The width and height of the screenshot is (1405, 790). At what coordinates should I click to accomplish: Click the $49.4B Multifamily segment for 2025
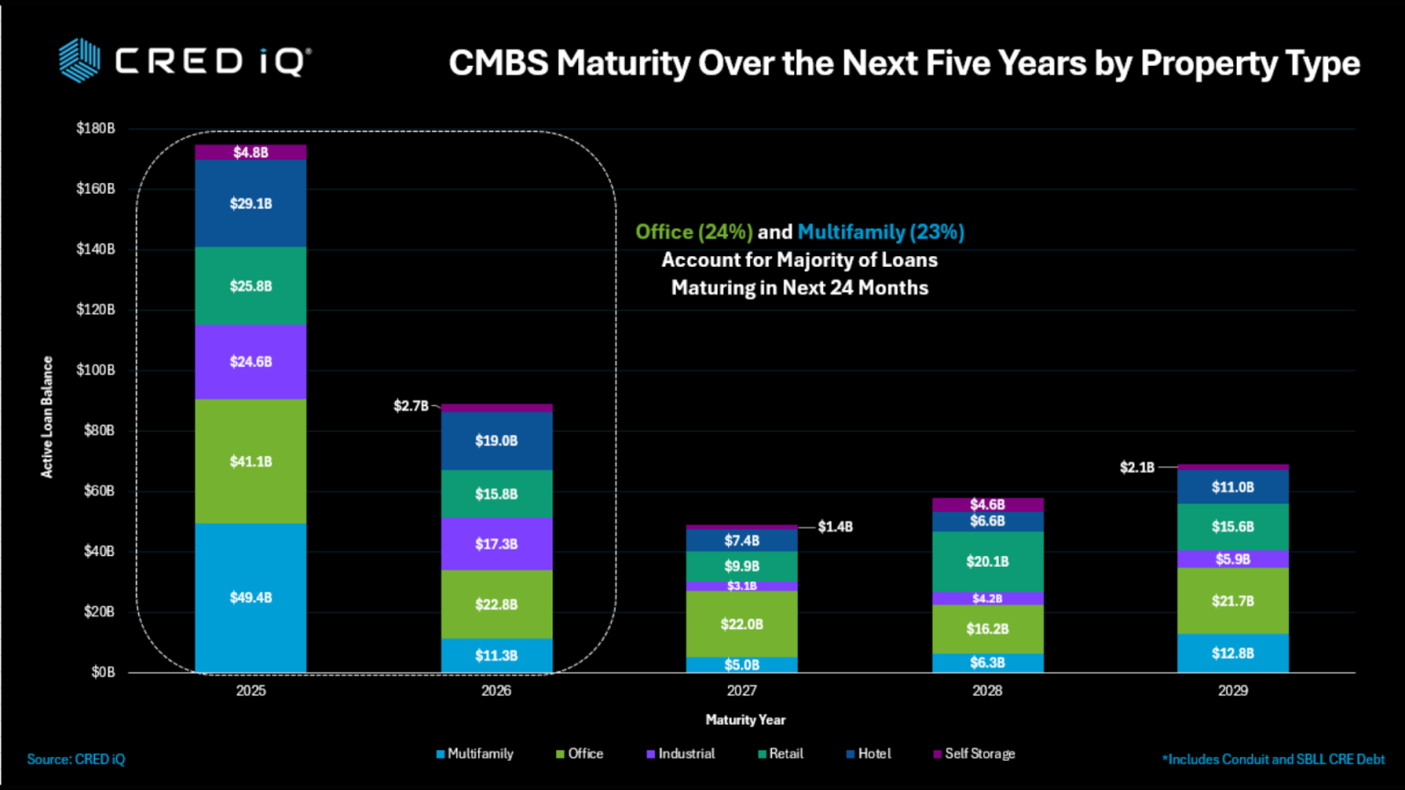click(251, 597)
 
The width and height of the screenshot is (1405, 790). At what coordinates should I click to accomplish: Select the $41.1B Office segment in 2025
click(251, 461)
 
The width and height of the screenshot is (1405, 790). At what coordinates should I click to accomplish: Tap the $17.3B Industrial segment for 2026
click(496, 543)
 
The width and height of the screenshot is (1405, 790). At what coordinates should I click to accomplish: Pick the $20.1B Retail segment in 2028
click(987, 561)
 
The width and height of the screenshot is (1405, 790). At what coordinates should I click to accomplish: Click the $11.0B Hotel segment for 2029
click(1232, 486)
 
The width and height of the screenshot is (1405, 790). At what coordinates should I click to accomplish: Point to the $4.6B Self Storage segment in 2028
click(987, 505)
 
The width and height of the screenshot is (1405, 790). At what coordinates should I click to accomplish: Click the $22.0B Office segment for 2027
click(742, 624)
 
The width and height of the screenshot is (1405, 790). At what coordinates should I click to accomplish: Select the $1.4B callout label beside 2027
click(835, 527)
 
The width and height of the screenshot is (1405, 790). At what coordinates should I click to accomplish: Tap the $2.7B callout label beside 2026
click(411, 405)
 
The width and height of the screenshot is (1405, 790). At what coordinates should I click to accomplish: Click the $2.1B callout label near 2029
click(1137, 467)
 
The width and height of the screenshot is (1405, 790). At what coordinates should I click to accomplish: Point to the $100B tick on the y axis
click(95, 369)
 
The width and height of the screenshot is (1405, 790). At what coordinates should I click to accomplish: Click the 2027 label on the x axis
click(742, 690)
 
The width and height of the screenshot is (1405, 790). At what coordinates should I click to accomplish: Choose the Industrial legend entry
click(681, 753)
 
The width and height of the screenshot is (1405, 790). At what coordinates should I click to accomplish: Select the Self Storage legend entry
click(974, 753)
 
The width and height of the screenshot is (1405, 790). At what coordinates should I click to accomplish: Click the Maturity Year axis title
click(745, 720)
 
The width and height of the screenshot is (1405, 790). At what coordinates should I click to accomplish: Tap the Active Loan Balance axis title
click(47, 417)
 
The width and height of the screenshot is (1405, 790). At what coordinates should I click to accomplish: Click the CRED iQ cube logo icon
click(80, 60)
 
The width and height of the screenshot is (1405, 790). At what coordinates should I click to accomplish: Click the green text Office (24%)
click(694, 231)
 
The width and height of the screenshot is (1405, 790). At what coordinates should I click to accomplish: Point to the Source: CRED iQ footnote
click(76, 759)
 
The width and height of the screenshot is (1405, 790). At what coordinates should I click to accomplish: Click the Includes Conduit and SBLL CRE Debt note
click(1273, 759)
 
